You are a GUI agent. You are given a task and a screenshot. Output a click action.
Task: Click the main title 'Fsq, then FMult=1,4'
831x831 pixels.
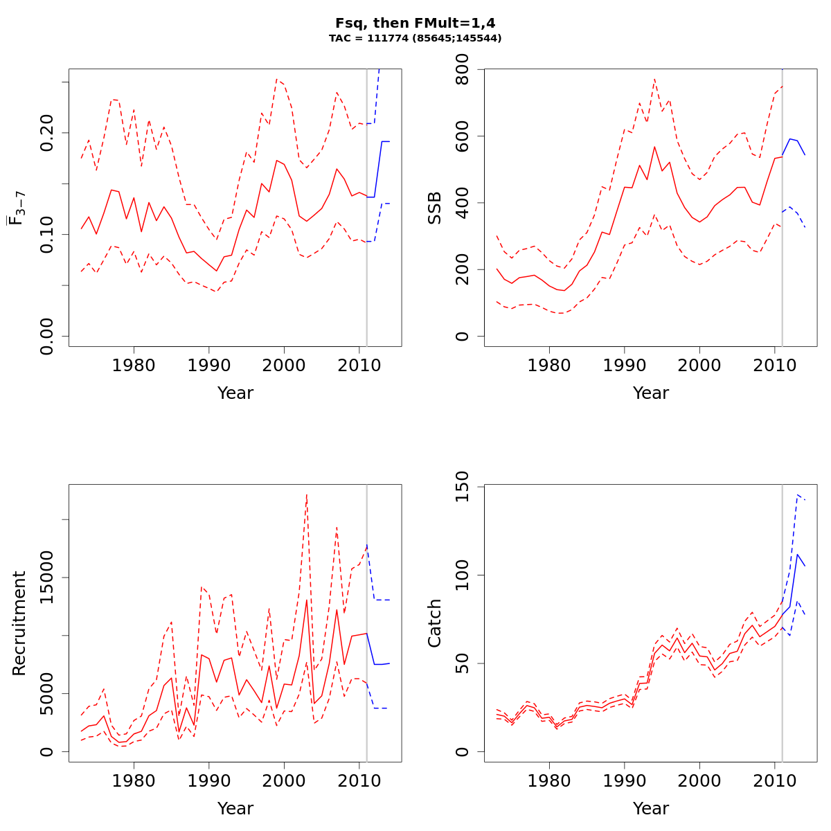415,23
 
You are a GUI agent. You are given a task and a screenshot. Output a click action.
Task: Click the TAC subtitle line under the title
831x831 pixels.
415,39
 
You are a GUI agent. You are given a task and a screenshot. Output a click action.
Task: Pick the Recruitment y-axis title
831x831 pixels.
19,623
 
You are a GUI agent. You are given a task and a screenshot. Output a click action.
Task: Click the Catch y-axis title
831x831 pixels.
435,623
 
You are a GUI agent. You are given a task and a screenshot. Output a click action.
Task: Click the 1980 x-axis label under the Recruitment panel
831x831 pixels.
134,780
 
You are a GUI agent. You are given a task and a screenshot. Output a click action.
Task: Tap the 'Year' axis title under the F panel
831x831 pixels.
235,393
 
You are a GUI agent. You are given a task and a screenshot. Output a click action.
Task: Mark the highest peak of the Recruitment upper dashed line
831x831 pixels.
306,494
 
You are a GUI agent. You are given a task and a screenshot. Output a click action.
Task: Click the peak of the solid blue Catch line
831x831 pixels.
798,554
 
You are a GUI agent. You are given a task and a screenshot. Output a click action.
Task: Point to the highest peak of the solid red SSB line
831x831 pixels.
654,147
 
